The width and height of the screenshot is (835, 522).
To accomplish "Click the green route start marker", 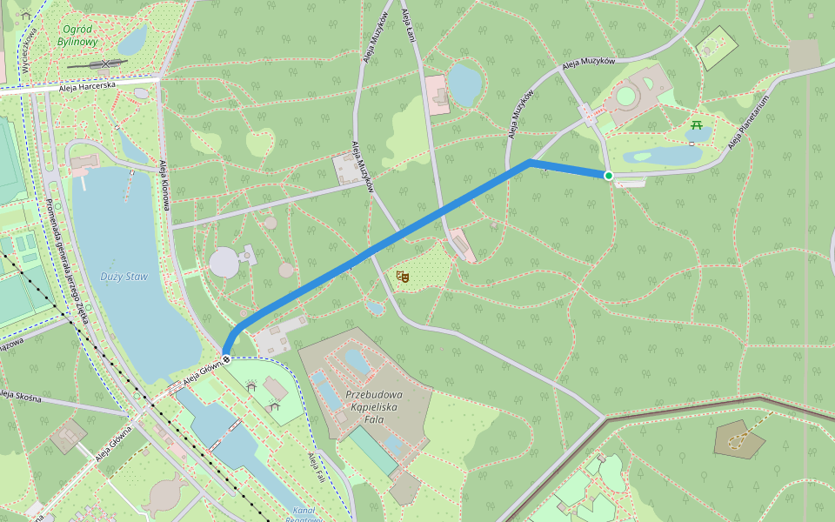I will point(609,176).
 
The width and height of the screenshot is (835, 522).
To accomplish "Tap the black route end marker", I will point(226,359).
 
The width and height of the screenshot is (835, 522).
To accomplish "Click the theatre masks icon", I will point(402,277).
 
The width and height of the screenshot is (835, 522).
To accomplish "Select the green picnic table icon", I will point(697,126).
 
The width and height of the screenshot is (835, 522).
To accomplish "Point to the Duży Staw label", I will point(125,277).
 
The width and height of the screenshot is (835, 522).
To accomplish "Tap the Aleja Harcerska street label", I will point(88,87).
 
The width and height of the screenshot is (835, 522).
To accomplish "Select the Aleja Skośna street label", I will point(21,396).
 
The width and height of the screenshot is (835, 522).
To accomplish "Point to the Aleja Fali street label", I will point(316,470).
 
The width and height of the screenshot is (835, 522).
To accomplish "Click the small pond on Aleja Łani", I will point(464,84).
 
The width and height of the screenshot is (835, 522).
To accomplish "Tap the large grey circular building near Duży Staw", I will point(225,261).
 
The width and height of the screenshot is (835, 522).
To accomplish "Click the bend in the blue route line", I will point(529,162).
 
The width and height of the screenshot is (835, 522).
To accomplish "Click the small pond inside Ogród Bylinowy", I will point(133,38).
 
